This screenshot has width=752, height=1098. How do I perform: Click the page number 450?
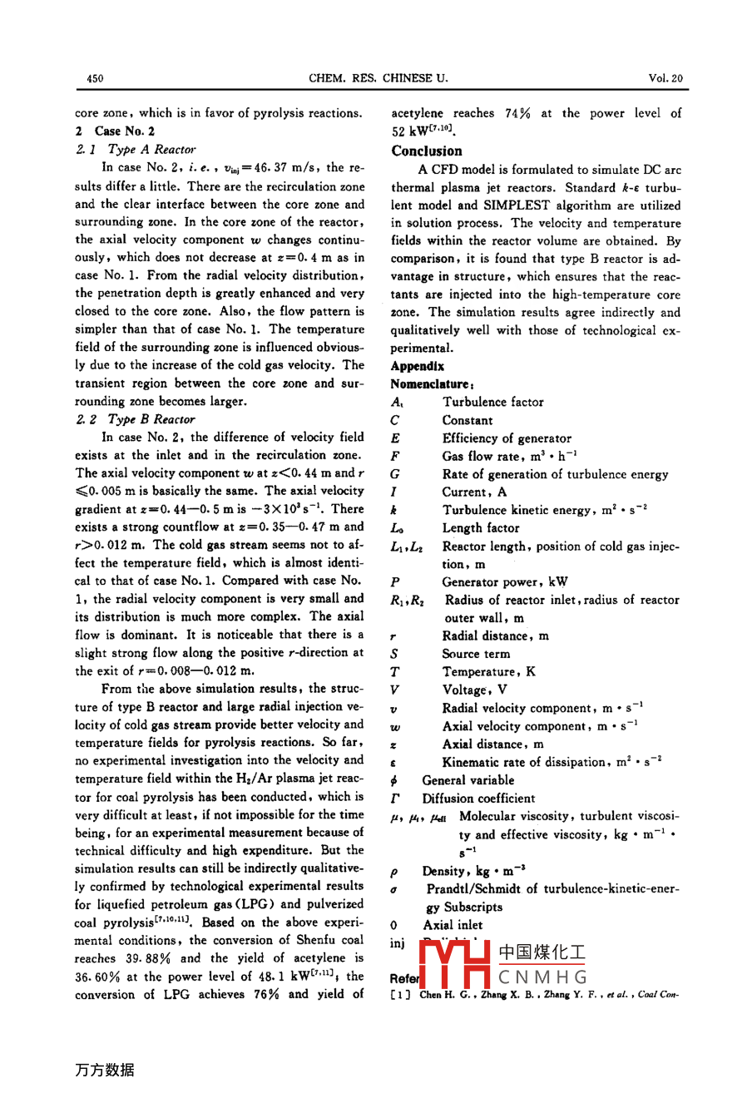(x=95, y=79)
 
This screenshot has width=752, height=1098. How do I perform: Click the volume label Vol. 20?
(x=665, y=79)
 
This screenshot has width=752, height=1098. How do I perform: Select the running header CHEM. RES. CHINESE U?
(x=378, y=79)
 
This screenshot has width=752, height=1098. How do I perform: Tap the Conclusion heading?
(x=427, y=151)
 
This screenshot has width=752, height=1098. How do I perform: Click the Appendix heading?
(x=418, y=366)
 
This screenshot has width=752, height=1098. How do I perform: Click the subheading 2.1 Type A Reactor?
(x=136, y=150)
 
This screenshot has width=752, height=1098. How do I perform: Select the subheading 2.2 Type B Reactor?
(x=135, y=419)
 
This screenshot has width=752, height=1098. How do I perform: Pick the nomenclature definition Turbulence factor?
(x=492, y=403)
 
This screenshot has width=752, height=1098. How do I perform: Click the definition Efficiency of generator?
(x=507, y=438)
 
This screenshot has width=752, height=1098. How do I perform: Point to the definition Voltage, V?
(x=474, y=690)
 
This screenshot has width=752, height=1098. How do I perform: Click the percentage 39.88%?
(x=122, y=958)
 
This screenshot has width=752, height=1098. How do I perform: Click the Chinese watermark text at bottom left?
(x=105, y=1070)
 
